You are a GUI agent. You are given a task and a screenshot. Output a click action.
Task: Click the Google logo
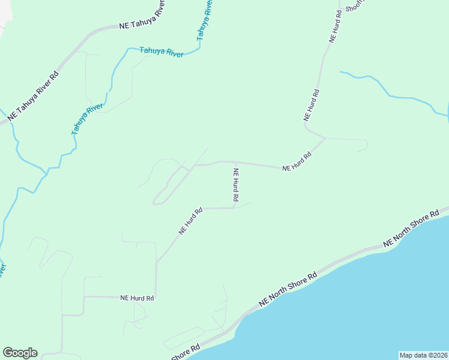[20, 353]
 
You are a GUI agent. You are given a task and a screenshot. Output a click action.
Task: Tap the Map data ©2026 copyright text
[423, 355]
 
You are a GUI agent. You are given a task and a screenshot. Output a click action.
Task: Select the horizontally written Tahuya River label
[161, 52]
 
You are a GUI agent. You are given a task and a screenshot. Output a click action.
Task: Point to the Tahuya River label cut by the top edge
[204, 21]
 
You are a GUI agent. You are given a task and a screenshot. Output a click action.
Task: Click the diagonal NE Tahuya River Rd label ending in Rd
[34, 97]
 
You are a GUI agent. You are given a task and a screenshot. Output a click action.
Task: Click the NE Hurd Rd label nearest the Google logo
[137, 298]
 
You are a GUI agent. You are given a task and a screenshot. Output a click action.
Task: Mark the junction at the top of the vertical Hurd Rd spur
[235, 162]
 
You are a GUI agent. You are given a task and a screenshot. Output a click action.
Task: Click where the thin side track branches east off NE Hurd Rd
[325, 139]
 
